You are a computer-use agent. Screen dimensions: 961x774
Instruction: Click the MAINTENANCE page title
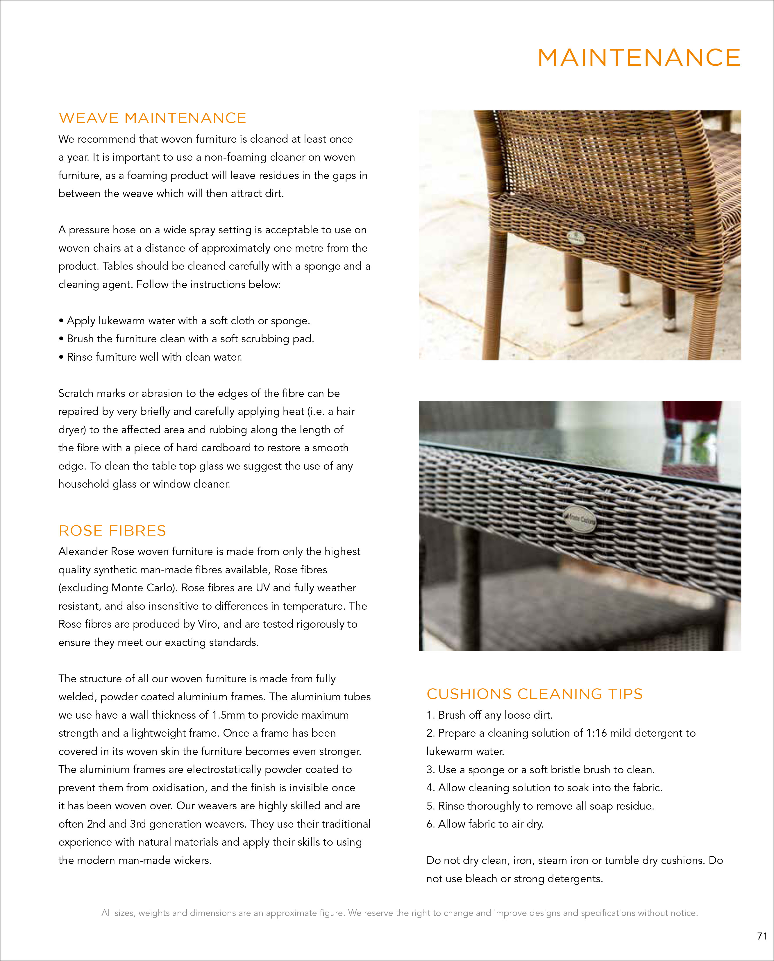click(x=639, y=58)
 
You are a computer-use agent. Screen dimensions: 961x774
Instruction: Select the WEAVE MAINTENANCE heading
click(x=153, y=118)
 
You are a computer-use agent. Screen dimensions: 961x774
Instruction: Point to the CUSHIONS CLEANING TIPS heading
click(x=534, y=694)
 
